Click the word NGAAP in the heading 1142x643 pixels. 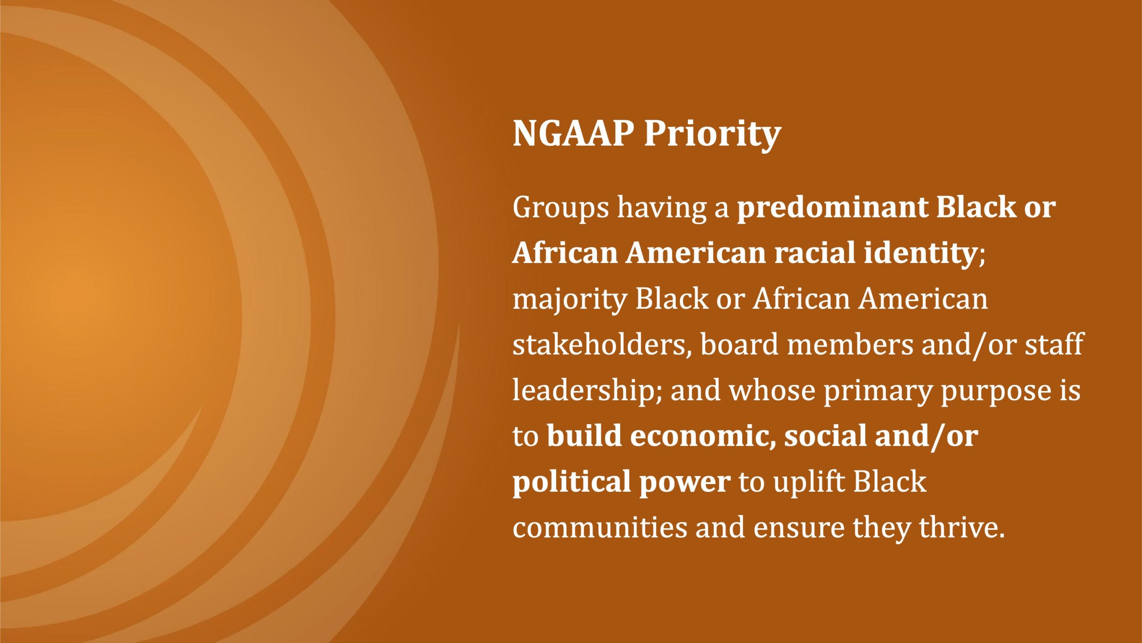(573, 133)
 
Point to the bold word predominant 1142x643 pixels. (832, 208)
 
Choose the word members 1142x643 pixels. (850, 345)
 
